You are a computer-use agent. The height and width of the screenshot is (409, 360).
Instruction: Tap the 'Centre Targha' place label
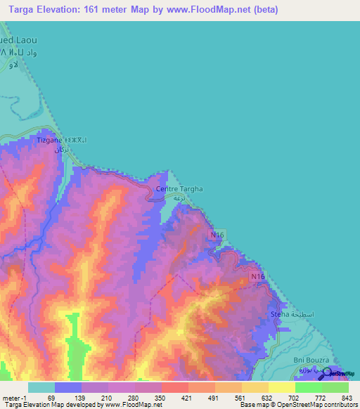[179, 189]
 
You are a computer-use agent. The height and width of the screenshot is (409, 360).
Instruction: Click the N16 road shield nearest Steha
[257, 278]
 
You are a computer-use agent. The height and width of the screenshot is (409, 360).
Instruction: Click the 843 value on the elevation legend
[345, 397]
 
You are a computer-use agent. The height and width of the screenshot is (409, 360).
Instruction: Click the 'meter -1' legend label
[13, 397]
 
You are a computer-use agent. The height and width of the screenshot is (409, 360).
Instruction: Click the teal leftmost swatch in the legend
[41, 387]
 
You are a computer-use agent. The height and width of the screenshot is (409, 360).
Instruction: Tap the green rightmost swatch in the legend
[335, 387]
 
